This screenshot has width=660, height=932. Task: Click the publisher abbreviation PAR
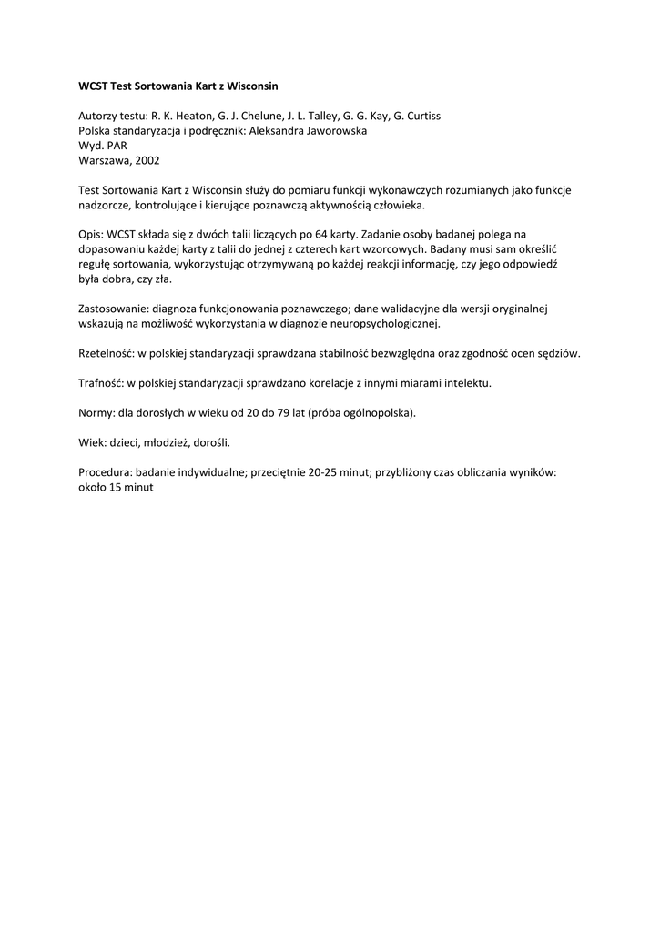click(117, 145)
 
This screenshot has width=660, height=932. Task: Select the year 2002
click(147, 159)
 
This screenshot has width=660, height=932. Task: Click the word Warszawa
click(105, 159)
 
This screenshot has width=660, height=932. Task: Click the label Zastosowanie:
click(115, 309)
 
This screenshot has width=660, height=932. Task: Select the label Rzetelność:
click(106, 352)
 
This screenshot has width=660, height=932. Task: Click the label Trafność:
click(101, 383)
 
